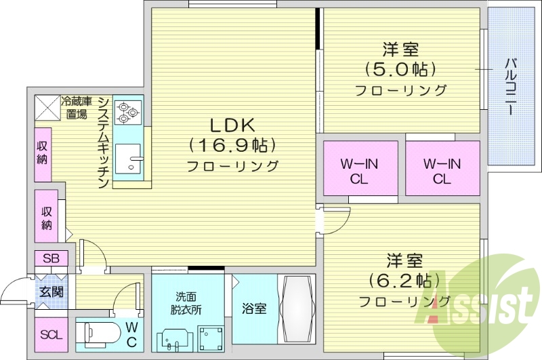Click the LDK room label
[x=230, y=125]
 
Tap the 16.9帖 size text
[x=230, y=144]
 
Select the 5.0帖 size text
[x=400, y=68]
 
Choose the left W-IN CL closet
[x=359, y=171]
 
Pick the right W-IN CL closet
[x=442, y=171]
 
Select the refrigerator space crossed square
[x=47, y=106]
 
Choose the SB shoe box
[x=51, y=258]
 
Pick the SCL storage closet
[x=50, y=335]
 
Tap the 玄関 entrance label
[x=50, y=293]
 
